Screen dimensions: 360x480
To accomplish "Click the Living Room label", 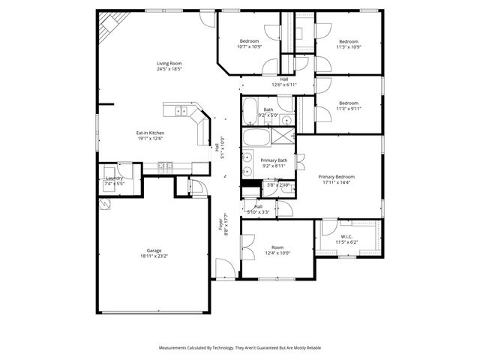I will coord(169,64).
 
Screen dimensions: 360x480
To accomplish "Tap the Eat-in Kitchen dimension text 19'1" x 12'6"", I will coord(151,139).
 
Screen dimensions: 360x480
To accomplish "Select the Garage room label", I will coord(154,250).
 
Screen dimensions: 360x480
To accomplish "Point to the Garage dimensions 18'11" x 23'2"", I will coord(154,256).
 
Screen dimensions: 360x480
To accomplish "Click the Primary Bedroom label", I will coord(336,176).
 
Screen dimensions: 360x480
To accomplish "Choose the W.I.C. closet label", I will coord(346,236).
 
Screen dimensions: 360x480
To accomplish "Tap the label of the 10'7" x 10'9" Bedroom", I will coord(249,41).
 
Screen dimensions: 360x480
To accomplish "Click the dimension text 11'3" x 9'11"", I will coord(349,109).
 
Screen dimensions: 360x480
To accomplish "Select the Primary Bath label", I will coord(274,160).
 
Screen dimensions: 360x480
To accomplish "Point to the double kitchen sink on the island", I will coord(181,112).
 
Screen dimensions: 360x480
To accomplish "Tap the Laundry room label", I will coord(114,178).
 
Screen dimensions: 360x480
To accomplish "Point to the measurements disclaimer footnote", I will coord(239,348).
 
